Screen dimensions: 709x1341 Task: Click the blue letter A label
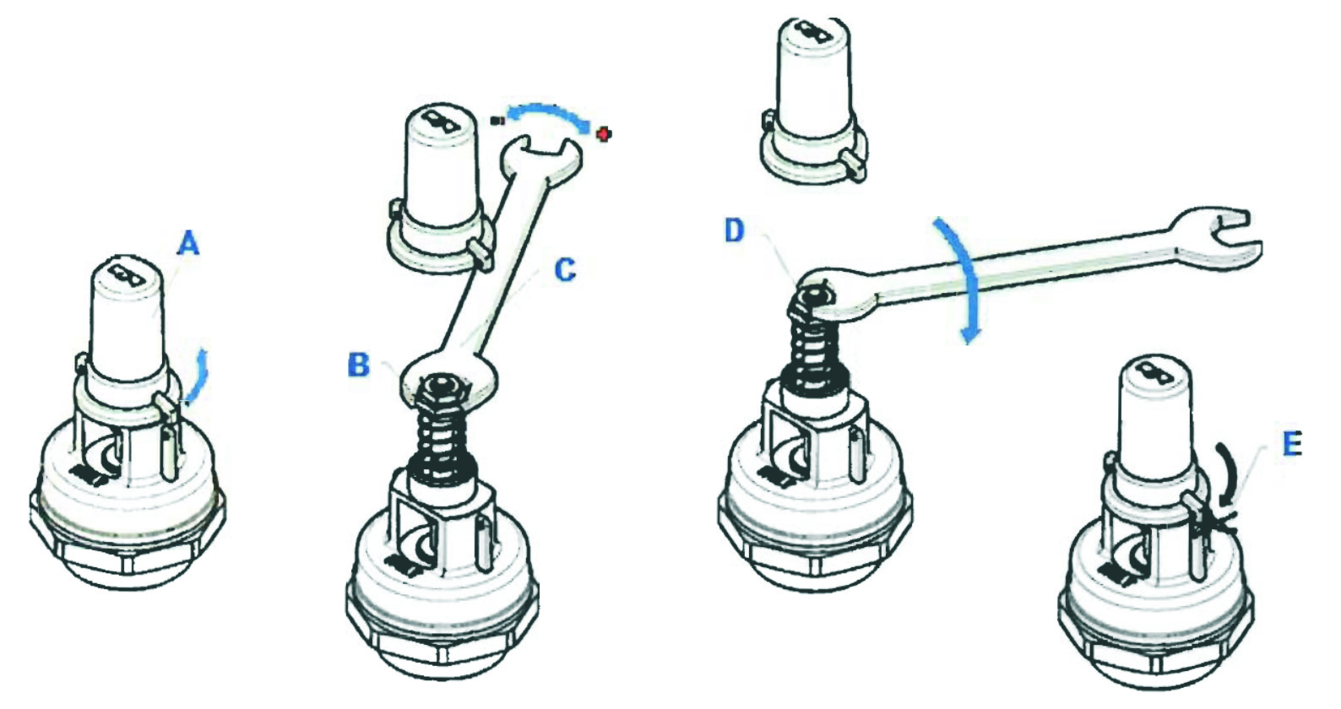pyautogui.click(x=188, y=245)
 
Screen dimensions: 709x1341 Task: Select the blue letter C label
pyautogui.click(x=564, y=270)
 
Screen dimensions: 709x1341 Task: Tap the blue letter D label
pyautogui.click(x=734, y=230)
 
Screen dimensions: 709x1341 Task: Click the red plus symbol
pyautogui.click(x=604, y=133)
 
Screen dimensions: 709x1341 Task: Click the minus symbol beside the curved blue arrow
pyautogui.click(x=497, y=120)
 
